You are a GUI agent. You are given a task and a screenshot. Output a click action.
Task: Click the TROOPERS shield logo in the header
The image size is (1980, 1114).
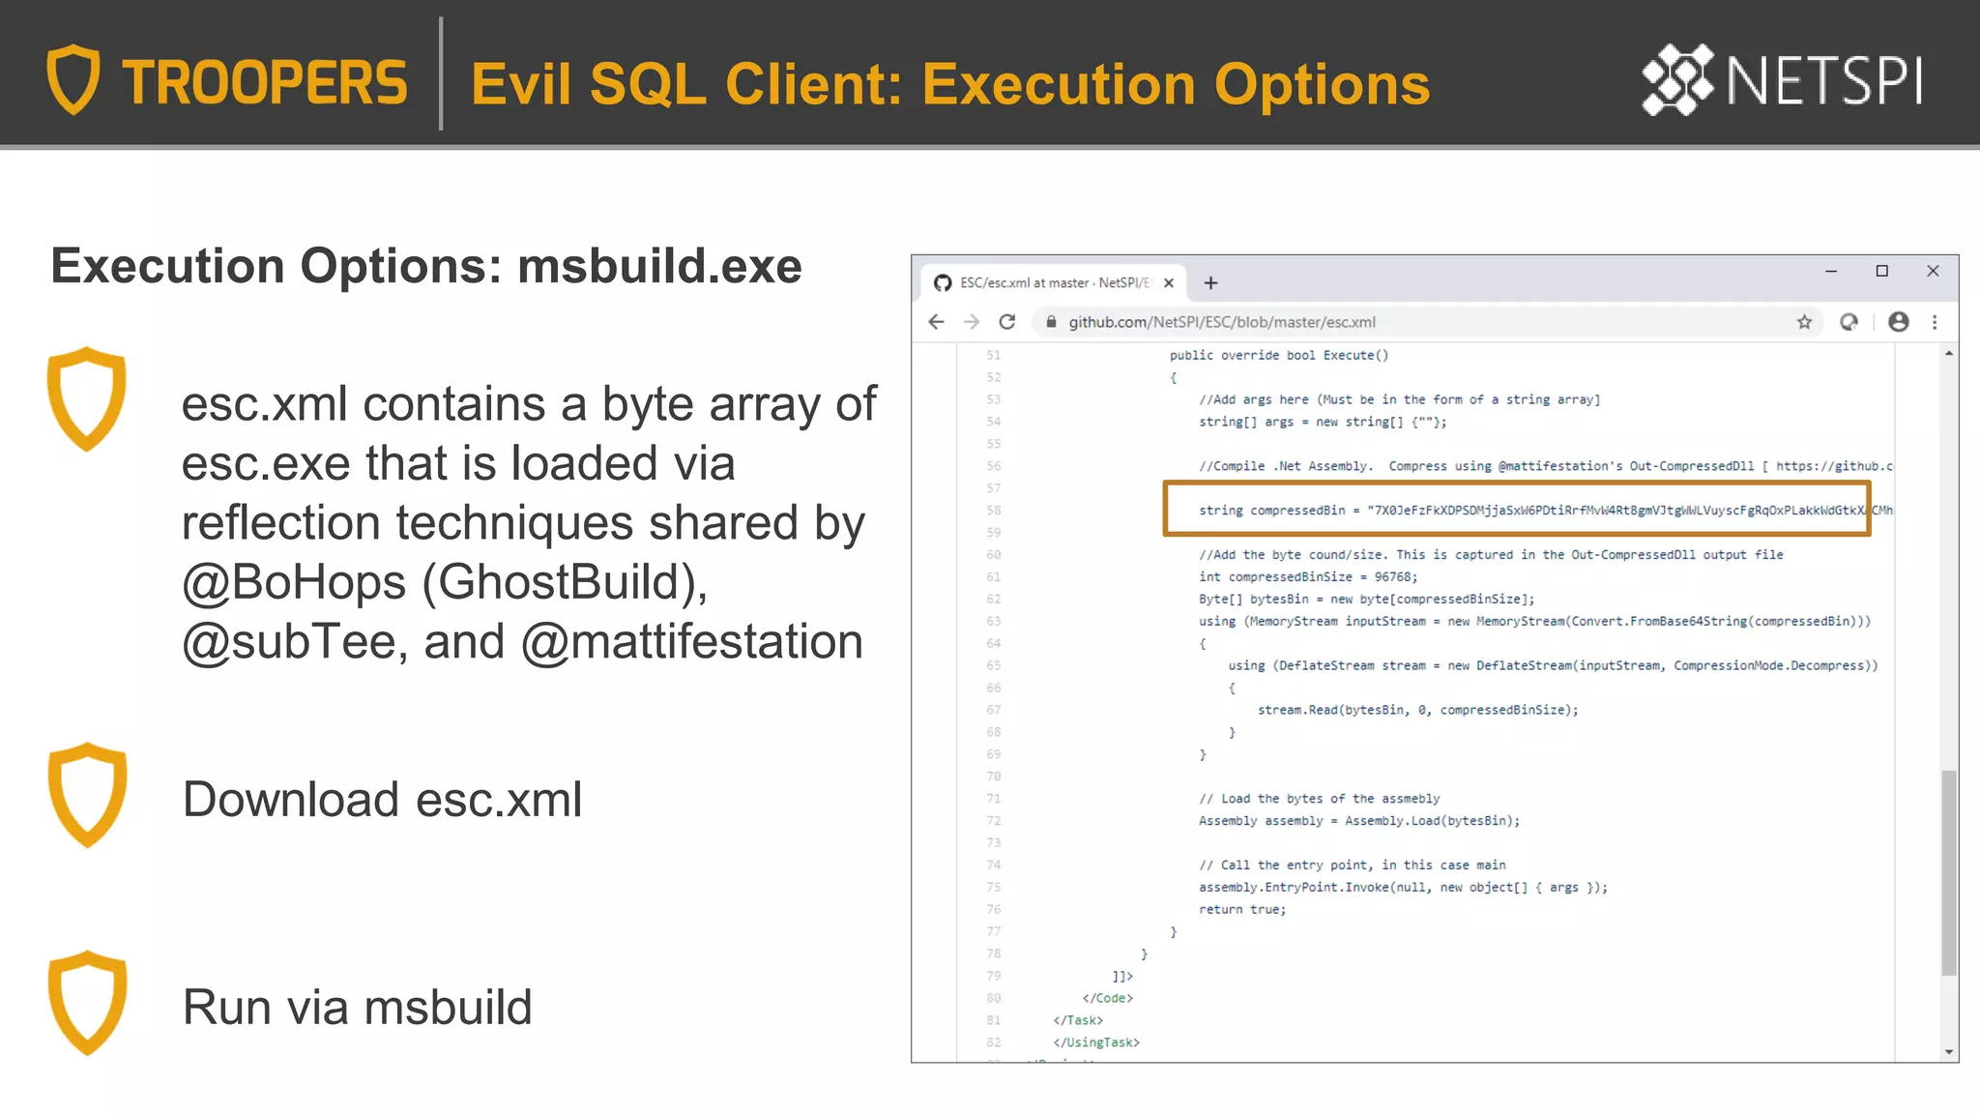pos(73,79)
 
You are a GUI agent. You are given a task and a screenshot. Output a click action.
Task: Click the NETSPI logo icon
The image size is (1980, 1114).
pos(1677,79)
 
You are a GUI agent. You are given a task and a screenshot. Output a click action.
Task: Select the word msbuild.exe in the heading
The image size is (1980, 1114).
pos(659,266)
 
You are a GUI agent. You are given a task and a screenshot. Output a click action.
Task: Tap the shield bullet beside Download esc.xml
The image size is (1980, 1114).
pos(87,795)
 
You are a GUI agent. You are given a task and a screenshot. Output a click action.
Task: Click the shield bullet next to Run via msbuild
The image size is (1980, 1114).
pos(87,1003)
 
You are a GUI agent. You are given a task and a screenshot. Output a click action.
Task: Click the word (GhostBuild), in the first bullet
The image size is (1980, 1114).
pos(565,582)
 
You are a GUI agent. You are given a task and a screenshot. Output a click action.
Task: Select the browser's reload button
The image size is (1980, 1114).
pos(1007,322)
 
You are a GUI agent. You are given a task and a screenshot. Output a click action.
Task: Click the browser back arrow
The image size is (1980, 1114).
pos(936,322)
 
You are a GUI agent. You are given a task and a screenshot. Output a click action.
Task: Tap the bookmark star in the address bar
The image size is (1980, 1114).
pos(1804,322)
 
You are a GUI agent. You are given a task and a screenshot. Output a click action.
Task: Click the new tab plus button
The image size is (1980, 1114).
pos(1210,283)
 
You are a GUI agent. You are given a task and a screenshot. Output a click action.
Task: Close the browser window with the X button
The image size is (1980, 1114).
pos(1933,271)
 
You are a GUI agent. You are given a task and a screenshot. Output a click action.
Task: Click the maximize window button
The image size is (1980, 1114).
pos(1881,271)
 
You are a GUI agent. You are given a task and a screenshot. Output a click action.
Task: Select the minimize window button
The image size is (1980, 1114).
pos(1830,271)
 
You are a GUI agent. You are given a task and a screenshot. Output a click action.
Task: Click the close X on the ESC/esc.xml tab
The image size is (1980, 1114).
pos(1169,283)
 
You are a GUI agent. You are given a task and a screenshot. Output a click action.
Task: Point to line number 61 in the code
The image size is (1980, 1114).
pos(994,577)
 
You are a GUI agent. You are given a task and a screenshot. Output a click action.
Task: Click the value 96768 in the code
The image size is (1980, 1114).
pos(1393,577)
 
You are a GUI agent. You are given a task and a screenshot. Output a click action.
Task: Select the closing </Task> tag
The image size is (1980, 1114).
pos(1078,1020)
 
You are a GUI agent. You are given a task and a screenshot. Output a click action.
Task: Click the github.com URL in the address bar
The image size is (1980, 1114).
pos(1221,322)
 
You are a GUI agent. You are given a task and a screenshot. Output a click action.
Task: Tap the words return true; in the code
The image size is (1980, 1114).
pos(1242,910)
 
